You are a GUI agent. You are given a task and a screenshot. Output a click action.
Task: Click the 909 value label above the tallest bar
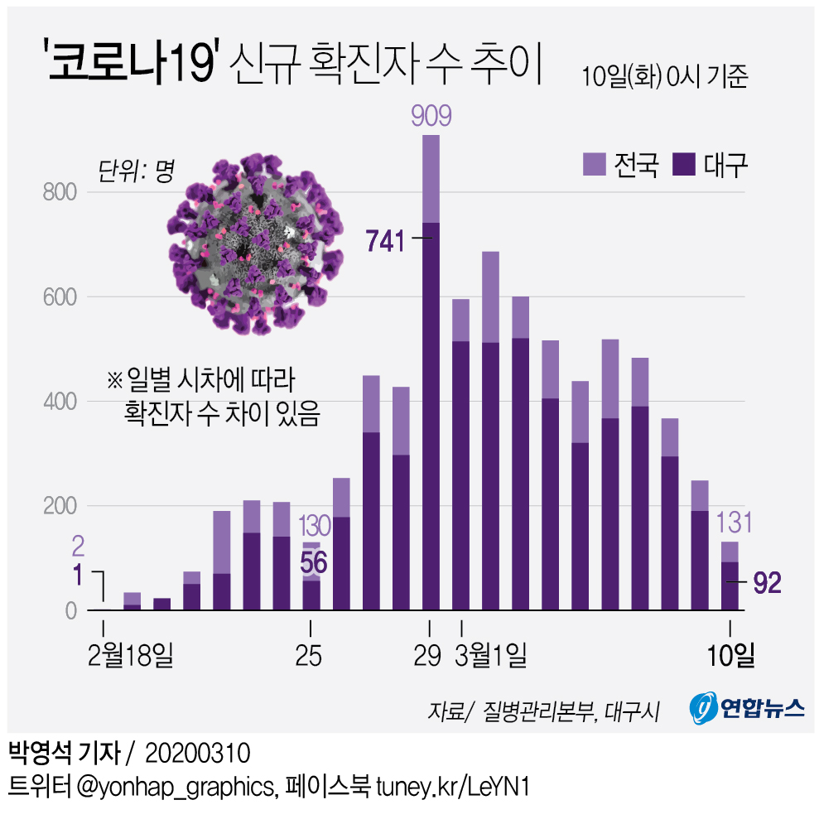pos(431,116)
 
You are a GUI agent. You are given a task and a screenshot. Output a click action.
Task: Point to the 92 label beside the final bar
pos(767,584)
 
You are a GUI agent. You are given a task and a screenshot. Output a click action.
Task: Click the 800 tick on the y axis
pos(59,193)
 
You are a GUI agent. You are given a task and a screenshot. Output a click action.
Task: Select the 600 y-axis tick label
pos(59,297)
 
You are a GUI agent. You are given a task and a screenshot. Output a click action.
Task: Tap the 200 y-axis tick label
pos(59,506)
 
